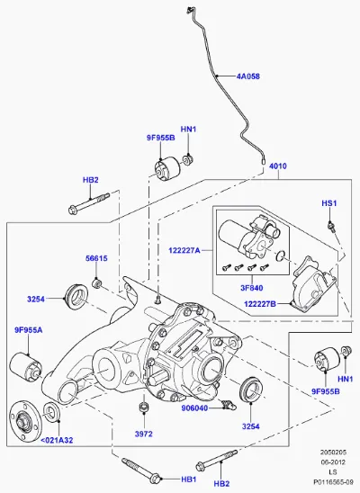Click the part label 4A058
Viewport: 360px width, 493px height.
click(248, 76)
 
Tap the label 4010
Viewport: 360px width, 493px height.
click(278, 166)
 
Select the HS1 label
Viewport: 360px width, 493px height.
click(328, 203)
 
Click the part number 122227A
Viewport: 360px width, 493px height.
click(184, 251)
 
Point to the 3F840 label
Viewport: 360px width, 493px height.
click(251, 288)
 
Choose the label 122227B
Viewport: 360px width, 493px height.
click(260, 304)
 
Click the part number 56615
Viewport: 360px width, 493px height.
click(96, 258)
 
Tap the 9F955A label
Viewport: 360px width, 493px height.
click(28, 330)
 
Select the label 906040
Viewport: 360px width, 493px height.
click(194, 408)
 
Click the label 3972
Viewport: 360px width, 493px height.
click(144, 434)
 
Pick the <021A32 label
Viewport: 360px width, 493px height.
click(57, 440)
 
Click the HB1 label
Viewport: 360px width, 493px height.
click(189, 480)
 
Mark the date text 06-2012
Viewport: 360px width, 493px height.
click(333, 462)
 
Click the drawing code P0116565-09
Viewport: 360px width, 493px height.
click(333, 481)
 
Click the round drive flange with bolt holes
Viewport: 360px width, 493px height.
click(25, 421)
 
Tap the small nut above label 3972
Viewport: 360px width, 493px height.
click(144, 407)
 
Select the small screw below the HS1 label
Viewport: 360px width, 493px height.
click(331, 227)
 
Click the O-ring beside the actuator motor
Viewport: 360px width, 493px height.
click(280, 256)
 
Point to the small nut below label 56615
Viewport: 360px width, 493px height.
click(96, 283)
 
